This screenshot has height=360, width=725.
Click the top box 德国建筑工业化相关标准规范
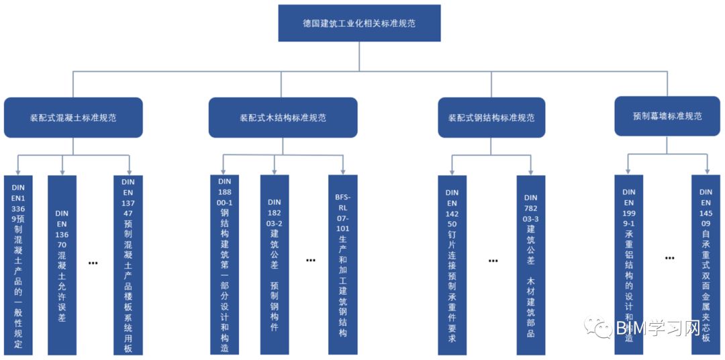(x=359, y=24)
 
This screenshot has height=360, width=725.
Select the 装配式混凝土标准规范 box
(x=73, y=118)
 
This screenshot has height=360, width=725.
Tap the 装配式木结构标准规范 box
(x=283, y=118)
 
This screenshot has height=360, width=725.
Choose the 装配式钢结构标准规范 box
(x=491, y=118)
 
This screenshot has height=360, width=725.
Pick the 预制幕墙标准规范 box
(x=667, y=116)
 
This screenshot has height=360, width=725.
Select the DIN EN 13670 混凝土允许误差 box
(x=62, y=265)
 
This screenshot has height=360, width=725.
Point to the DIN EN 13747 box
(x=128, y=265)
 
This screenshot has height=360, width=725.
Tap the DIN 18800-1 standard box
(x=224, y=265)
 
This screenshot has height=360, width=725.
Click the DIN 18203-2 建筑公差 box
(x=274, y=265)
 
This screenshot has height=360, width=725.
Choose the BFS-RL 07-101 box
(x=342, y=265)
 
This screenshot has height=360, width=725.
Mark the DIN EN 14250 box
(x=452, y=265)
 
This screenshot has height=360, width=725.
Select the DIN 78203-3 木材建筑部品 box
(x=530, y=265)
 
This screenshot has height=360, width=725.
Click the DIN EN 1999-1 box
(x=629, y=265)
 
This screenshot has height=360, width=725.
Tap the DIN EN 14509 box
(x=706, y=265)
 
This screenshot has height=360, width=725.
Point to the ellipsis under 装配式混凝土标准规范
(x=93, y=263)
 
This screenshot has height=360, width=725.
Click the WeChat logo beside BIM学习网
(x=597, y=327)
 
